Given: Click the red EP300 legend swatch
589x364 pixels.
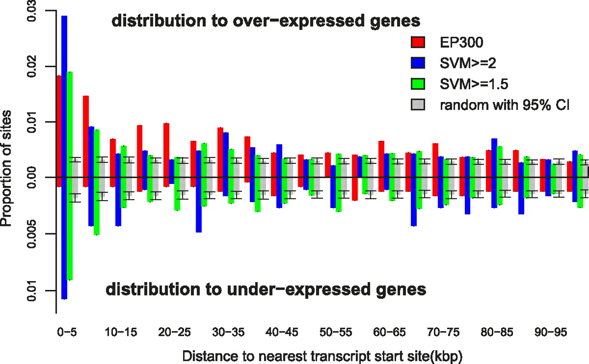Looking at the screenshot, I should pyautogui.click(x=417, y=42).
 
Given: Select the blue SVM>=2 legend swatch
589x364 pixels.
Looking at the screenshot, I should pyautogui.click(x=417, y=63).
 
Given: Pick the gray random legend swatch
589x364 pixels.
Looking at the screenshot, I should pyautogui.click(x=417, y=105).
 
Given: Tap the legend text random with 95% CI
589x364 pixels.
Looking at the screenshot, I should pyautogui.click(x=505, y=105).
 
